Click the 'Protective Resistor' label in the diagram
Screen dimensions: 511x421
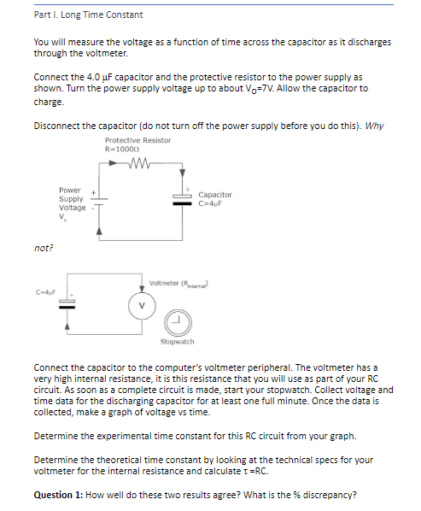point(137,140)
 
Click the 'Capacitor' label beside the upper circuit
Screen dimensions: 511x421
point(214,195)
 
